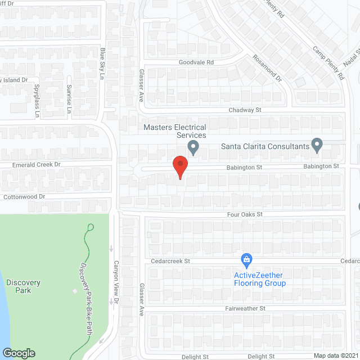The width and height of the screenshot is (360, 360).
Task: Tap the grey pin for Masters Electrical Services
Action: click(x=193, y=148)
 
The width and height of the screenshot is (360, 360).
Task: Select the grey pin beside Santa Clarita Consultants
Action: click(x=317, y=146)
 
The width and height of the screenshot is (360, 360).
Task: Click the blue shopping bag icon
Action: click(x=246, y=259)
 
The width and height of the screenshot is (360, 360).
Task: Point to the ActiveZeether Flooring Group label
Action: click(x=260, y=279)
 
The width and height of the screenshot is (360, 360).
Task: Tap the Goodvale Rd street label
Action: click(x=196, y=63)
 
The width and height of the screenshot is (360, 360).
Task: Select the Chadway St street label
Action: click(x=246, y=111)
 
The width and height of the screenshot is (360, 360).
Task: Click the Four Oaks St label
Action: click(x=245, y=214)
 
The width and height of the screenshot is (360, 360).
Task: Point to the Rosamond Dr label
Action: click(x=267, y=68)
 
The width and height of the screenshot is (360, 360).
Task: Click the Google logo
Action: click(x=19, y=353)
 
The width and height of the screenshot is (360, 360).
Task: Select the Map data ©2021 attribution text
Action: click(x=335, y=355)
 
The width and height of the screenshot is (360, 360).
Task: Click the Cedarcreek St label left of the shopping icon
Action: click(x=171, y=262)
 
